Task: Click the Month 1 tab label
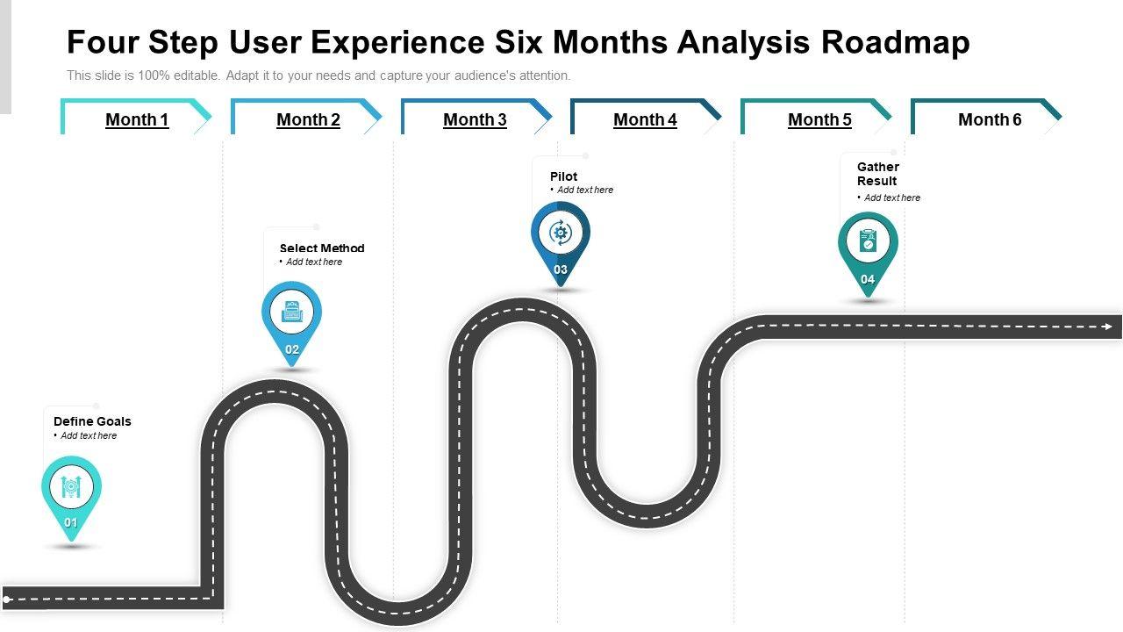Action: tap(137, 119)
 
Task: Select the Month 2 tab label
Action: tap(308, 119)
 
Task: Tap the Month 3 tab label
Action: tap(475, 119)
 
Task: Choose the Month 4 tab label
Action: tap(645, 119)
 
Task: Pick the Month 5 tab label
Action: tap(819, 119)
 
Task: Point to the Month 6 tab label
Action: tap(990, 119)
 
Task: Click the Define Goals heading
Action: tap(92, 421)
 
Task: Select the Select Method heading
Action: tap(322, 248)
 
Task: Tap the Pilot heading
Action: tap(563, 176)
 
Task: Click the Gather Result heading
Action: tap(877, 174)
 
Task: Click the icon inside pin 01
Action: tap(71, 485)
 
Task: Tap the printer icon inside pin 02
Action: tap(291, 311)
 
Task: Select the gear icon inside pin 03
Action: tap(560, 233)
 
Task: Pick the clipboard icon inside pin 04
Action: tap(868, 241)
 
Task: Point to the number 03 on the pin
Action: tap(561, 269)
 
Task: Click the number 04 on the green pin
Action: tap(868, 279)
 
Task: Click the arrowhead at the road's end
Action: tap(1108, 327)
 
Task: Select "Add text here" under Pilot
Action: tap(585, 190)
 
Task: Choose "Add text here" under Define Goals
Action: tap(89, 435)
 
